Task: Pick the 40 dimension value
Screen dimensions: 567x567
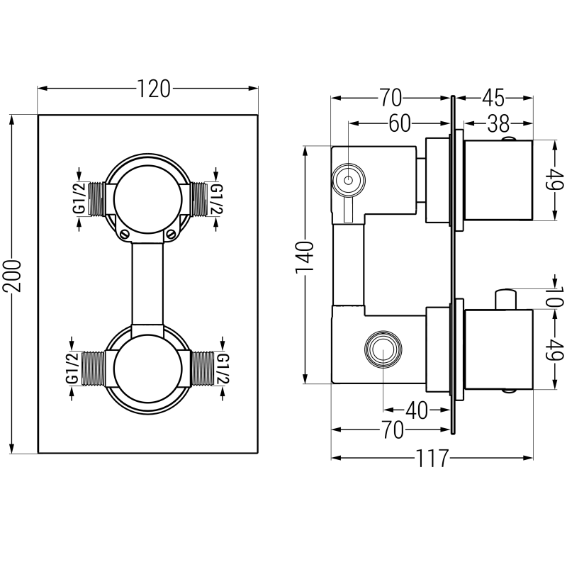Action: (x=416, y=410)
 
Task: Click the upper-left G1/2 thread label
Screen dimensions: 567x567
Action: (x=79, y=198)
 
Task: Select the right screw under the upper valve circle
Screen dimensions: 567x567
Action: (x=170, y=234)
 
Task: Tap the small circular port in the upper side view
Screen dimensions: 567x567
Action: (x=348, y=181)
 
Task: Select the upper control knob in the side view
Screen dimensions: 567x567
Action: (x=497, y=180)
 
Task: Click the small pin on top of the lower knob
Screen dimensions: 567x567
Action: (x=505, y=298)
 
